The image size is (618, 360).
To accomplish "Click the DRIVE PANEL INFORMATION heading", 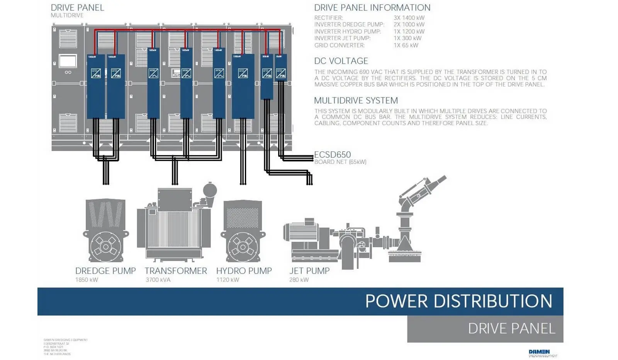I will pyautogui.click(x=372, y=8).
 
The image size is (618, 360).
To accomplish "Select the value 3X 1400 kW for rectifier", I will pyautogui.click(x=409, y=18).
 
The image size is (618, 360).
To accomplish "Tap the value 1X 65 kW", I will pyautogui.click(x=406, y=45).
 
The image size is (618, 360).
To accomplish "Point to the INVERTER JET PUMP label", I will pyautogui.click(x=342, y=38).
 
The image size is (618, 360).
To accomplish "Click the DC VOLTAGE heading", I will pyautogui.click(x=341, y=61).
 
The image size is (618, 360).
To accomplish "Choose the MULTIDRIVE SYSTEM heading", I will pyautogui.click(x=356, y=101).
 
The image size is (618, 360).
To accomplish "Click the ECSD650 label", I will pyautogui.click(x=332, y=155).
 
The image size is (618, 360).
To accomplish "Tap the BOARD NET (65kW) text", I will pyautogui.click(x=340, y=162).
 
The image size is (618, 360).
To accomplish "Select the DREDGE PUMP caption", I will pyautogui.click(x=105, y=271).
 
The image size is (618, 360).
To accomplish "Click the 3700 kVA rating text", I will pyautogui.click(x=158, y=280).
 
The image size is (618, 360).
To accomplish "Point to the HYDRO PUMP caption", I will pyautogui.click(x=244, y=271).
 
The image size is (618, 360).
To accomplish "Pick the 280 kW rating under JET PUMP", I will pyautogui.click(x=299, y=280).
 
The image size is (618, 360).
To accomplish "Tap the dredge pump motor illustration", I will pyautogui.click(x=105, y=232).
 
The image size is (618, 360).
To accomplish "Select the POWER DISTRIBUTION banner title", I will pyautogui.click(x=458, y=301).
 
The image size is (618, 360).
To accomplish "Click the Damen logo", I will pyautogui.click(x=539, y=352).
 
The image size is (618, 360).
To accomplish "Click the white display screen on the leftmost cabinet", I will pyautogui.click(x=68, y=61).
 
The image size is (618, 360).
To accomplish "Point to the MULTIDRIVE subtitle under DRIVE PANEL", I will pyautogui.click(x=67, y=15).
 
